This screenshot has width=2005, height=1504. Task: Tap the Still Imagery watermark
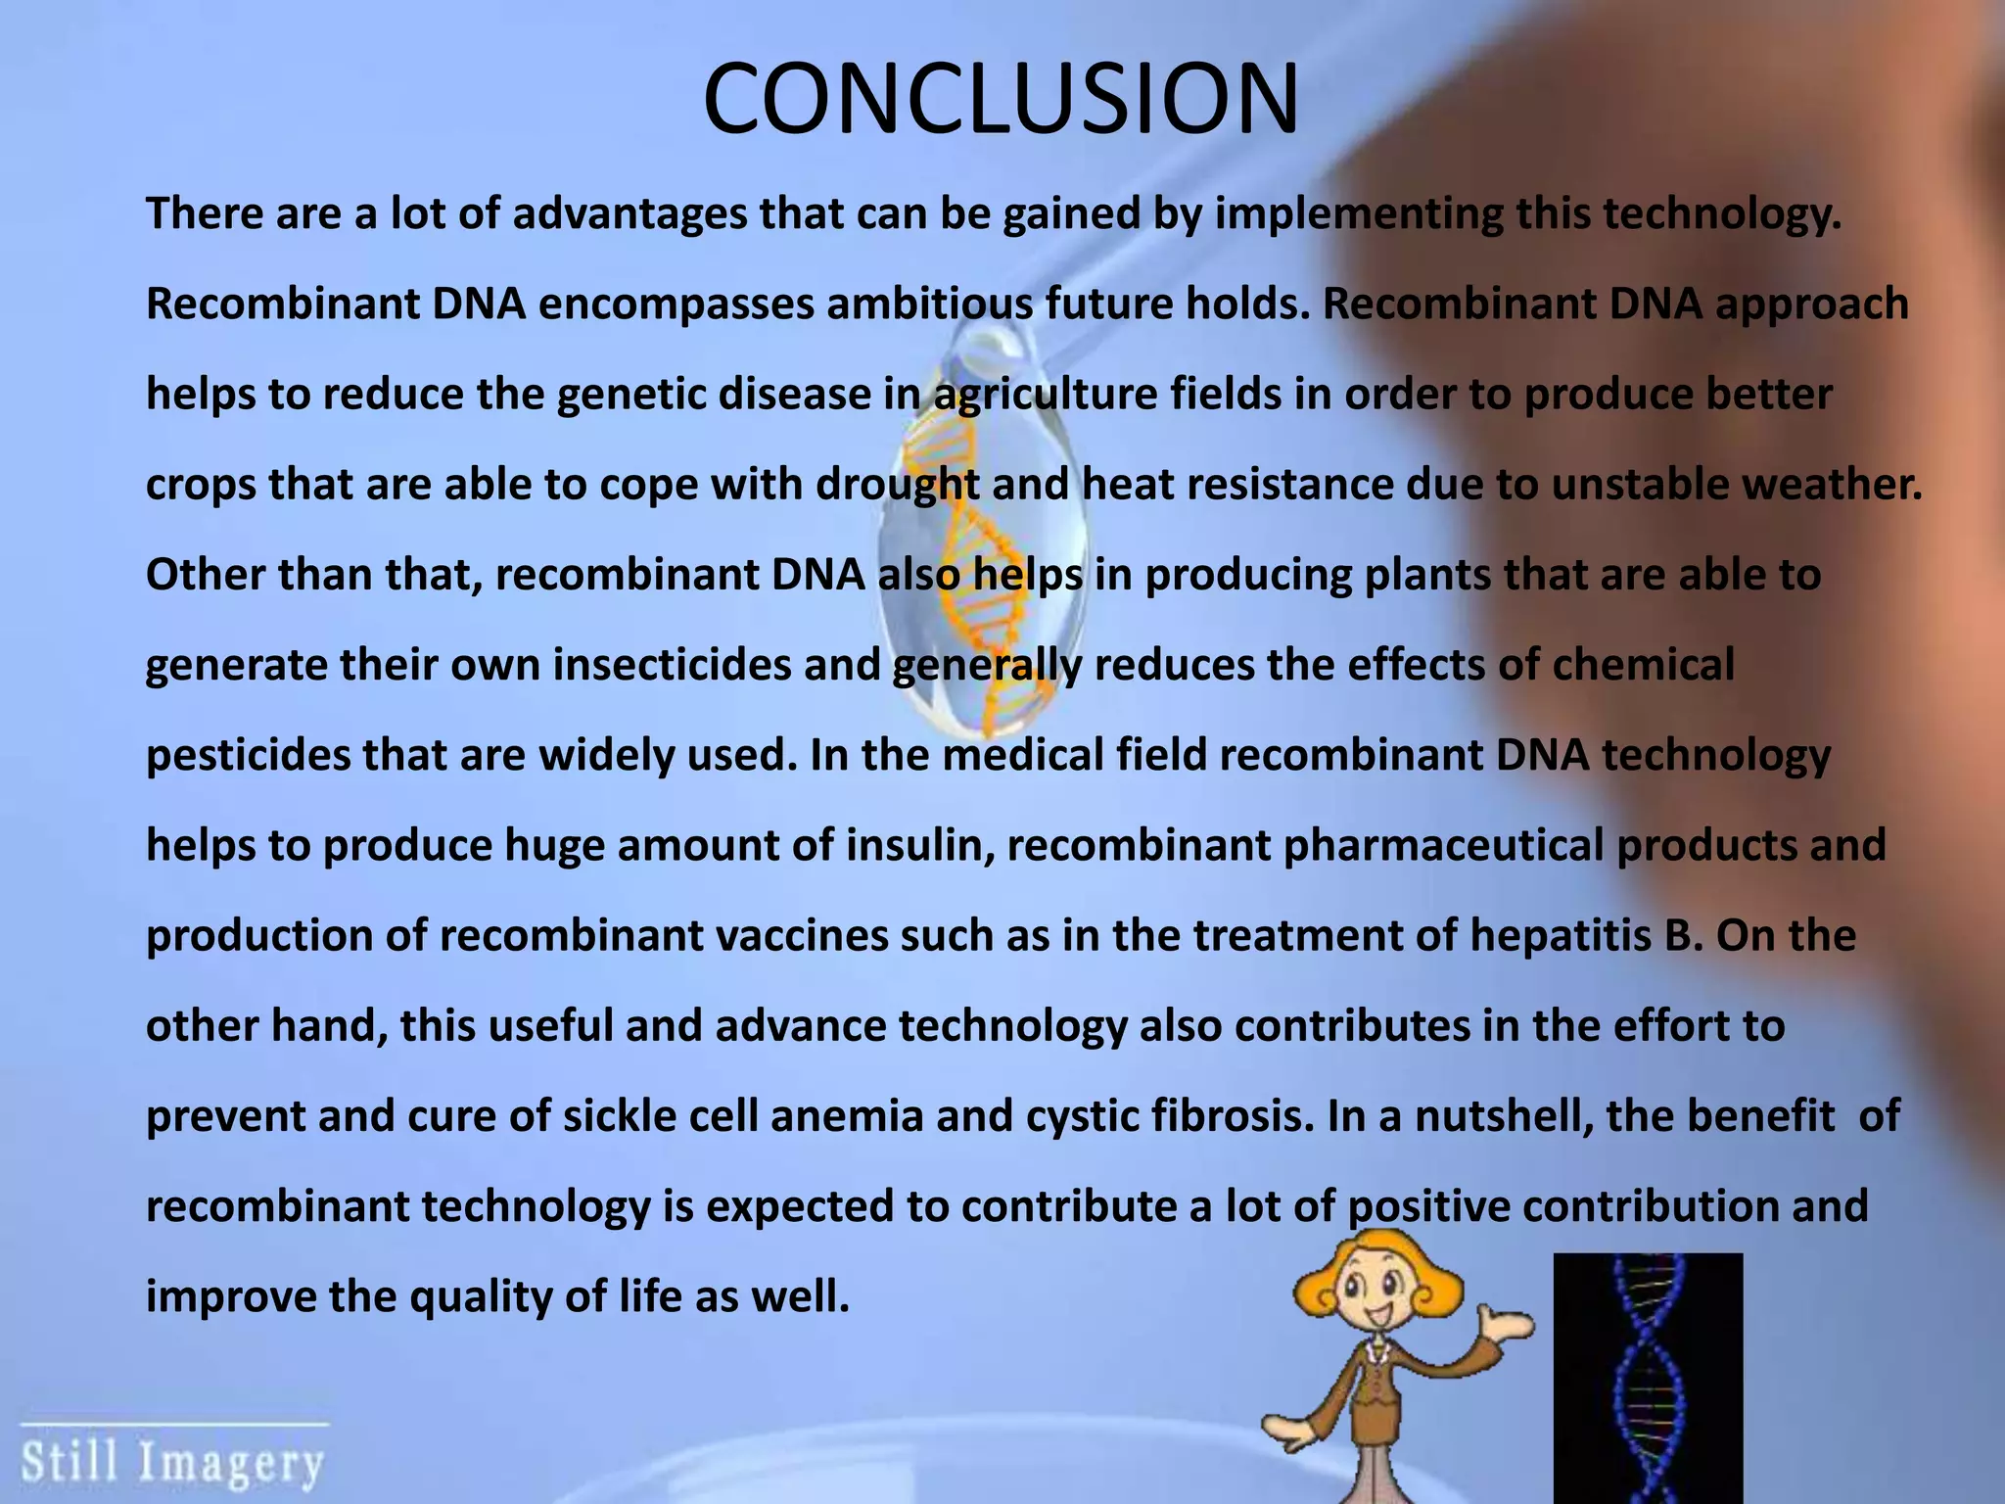click(172, 1463)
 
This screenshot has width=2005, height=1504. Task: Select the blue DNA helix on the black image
click(1647, 1381)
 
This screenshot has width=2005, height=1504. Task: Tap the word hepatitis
click(1561, 935)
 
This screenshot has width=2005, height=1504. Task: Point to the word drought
click(897, 485)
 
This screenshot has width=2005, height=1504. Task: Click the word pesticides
click(248, 755)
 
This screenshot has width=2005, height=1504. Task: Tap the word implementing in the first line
click(1359, 214)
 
